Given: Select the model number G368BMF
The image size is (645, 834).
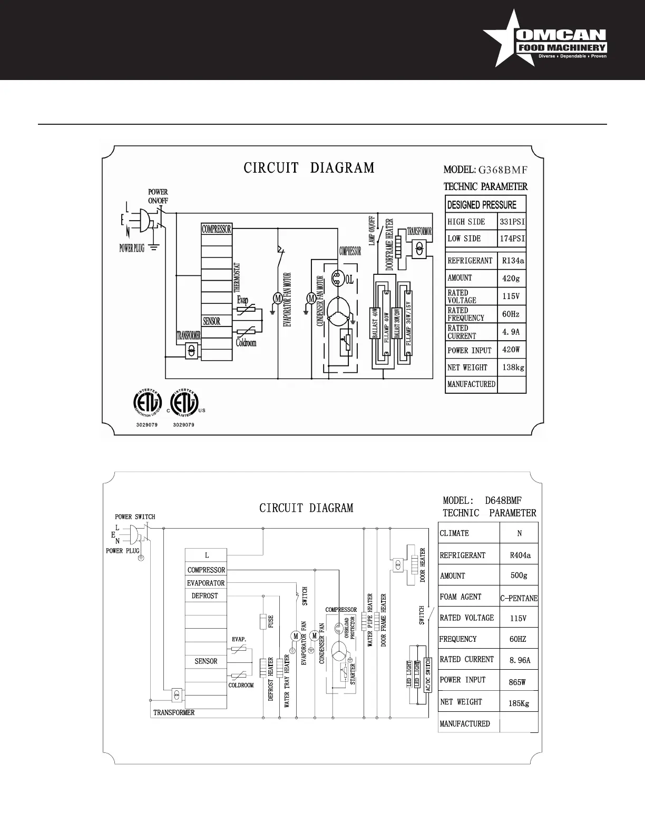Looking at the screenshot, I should coord(502,170).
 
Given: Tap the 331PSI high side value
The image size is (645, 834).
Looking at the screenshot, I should coord(512,222).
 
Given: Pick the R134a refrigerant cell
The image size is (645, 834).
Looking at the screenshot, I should coord(513,261).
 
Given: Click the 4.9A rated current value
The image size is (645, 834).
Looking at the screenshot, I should coord(511,332).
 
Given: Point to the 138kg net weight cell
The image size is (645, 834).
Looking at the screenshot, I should coord(513,368).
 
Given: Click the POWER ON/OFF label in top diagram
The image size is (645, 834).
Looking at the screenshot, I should coord(158,196).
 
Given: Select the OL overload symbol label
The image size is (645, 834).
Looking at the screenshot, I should coord(349,280).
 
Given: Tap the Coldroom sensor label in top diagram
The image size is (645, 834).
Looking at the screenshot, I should coord(246,343).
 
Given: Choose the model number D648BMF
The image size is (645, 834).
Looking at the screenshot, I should coord(503,501).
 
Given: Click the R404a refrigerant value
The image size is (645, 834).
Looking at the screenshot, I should coord(520,555).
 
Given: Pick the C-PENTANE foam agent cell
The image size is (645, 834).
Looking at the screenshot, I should coord(519,598).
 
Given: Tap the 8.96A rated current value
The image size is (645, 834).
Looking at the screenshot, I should coord(520,660).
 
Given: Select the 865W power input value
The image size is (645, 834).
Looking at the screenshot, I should coord(517,682).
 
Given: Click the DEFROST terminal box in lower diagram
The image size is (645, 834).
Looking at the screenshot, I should coord(204,595).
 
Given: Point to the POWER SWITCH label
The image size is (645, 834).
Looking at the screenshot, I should coord(135,517).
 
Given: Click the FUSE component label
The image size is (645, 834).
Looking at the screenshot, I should coord(271,622).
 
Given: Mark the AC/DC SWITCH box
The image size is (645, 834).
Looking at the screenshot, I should coord(428,674).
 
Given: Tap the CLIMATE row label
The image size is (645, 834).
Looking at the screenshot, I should coord(454,533).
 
